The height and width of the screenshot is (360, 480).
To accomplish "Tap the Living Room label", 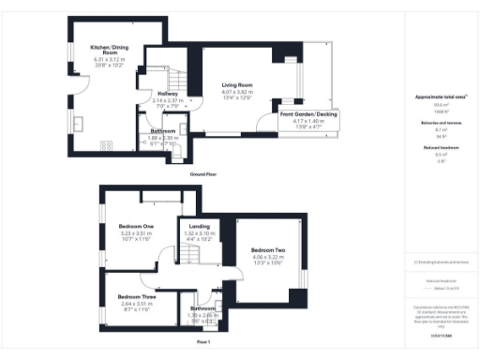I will pyautogui.click(x=238, y=85).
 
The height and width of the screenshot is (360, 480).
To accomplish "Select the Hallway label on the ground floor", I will pyautogui.click(x=168, y=94).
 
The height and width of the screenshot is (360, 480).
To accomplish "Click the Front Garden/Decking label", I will pyautogui.click(x=306, y=114).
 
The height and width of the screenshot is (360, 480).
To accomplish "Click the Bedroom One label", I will pyautogui.click(x=136, y=227).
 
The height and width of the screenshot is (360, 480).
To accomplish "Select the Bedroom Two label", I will pyautogui.click(x=269, y=250).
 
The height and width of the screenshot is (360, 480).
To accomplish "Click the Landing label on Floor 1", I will pyautogui.click(x=199, y=226).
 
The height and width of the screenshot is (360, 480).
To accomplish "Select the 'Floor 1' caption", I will pyautogui.click(x=203, y=343).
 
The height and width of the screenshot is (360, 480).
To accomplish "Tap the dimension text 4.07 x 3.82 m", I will pyautogui.click(x=238, y=92).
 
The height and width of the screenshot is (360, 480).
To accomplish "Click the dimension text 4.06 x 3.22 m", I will pyautogui.click(x=269, y=257).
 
